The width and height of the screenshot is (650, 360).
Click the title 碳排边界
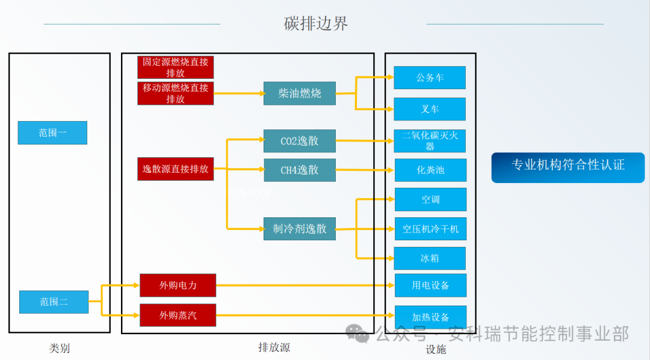click(316, 24)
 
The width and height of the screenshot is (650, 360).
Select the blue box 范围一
click(52, 133)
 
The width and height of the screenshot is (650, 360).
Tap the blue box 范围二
click(54, 302)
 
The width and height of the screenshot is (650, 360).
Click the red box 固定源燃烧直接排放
click(176, 67)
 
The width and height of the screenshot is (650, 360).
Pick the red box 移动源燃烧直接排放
click(176, 93)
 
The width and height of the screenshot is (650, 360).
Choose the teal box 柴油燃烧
click(299, 93)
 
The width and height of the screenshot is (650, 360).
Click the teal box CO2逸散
click(299, 141)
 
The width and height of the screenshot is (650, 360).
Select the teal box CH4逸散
click(299, 170)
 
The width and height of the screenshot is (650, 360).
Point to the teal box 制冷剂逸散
click(299, 229)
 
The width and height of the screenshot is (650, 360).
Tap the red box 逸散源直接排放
click(176, 169)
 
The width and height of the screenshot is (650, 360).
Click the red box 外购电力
click(178, 285)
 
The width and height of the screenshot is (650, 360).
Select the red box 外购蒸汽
click(178, 315)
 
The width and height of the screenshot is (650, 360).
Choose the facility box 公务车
click(430, 78)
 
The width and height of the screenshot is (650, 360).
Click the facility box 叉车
click(430, 109)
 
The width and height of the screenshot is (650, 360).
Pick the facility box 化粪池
click(430, 170)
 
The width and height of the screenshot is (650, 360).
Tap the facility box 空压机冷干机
click(430, 229)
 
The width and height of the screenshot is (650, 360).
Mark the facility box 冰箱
click(430, 258)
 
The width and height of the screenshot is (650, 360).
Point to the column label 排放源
click(274, 347)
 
